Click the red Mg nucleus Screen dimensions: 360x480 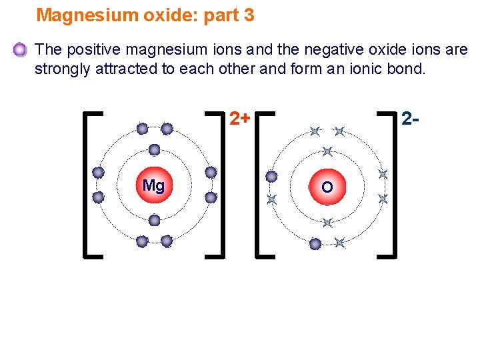point(154,185)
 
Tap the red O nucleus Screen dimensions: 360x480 point(327,187)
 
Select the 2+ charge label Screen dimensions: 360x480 point(240,119)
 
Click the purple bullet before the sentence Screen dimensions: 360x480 point(20,49)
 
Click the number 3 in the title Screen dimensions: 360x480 point(249,15)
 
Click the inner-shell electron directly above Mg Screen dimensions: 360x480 point(154,149)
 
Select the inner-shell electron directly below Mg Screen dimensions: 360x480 point(154,220)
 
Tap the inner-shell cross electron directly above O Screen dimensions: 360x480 point(327,152)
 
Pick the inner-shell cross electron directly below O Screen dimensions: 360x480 point(327,223)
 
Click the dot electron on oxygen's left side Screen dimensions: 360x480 point(271,177)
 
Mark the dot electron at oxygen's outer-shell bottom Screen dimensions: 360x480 point(315,244)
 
